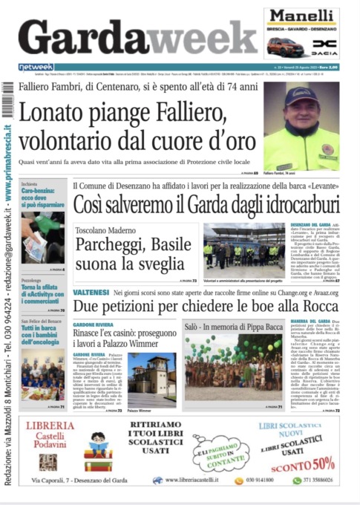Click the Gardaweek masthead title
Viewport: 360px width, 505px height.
[x=137, y=37]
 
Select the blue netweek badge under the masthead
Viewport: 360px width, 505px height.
[x=36, y=67]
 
